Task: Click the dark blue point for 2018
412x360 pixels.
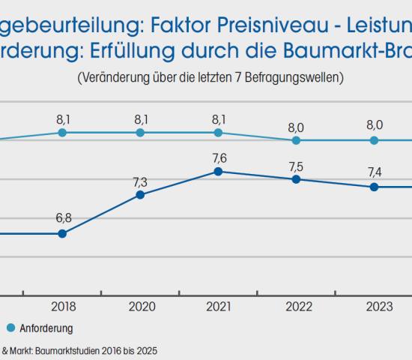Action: pos(62,233)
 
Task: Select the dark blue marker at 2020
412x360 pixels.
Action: pos(140,195)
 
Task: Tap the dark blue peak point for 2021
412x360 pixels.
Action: pos(218,172)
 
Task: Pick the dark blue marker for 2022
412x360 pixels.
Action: pos(297,179)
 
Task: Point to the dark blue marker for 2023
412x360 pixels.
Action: pos(375,187)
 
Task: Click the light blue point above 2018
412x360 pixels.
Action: pos(62,133)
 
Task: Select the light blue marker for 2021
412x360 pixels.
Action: pos(218,133)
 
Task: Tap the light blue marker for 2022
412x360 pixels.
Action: pos(297,140)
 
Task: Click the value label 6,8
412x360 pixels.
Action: pos(62,218)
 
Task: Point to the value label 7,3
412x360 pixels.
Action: pos(140,181)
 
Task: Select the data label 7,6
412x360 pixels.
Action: pos(218,157)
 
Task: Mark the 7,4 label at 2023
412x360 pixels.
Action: pos(375,172)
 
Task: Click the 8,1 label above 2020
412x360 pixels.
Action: pos(140,118)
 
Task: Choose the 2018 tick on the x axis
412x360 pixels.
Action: pos(62,306)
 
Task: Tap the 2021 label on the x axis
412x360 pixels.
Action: pos(218,306)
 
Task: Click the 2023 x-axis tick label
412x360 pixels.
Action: pos(375,306)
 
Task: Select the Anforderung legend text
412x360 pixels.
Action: pos(46,328)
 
